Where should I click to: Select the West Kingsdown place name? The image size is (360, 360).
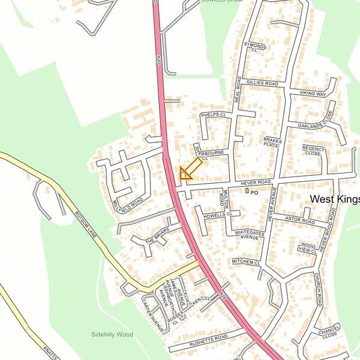(x=334, y=199)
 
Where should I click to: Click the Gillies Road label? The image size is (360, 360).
(x=262, y=83)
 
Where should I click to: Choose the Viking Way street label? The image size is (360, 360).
(x=312, y=95)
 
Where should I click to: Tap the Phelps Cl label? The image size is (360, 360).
(x=213, y=114)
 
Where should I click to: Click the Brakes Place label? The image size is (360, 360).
(x=272, y=142)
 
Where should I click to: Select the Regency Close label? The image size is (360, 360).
(x=313, y=151)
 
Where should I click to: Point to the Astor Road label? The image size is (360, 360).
(x=300, y=221)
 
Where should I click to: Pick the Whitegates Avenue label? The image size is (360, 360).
(x=246, y=235)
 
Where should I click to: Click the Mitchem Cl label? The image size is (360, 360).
(x=245, y=263)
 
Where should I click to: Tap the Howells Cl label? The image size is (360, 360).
(x=217, y=214)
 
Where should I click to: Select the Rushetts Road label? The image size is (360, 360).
(x=209, y=338)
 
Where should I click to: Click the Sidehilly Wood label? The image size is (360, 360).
(x=111, y=334)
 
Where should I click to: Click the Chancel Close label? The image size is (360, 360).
(x=329, y=332)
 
